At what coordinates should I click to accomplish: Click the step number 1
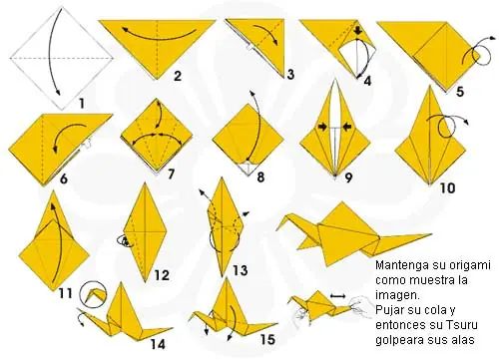pos(82,104)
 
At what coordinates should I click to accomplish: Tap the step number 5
pos(460,92)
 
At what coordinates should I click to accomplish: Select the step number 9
pos(348,178)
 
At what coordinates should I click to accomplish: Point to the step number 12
pos(162,275)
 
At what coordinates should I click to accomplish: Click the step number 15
pos(267,340)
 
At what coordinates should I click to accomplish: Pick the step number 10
pos(447,188)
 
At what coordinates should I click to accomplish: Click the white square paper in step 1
pos(62,58)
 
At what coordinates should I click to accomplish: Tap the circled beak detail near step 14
pos(94,293)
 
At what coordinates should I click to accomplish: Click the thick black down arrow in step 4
pos(357,31)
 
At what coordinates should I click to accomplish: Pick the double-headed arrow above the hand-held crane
pos(338,295)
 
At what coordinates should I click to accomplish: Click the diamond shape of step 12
pos(146,232)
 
